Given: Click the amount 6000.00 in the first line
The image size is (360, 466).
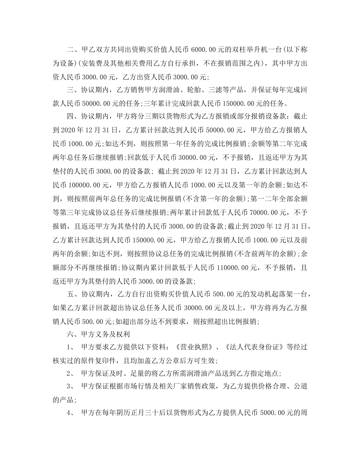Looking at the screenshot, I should tap(204, 50).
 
